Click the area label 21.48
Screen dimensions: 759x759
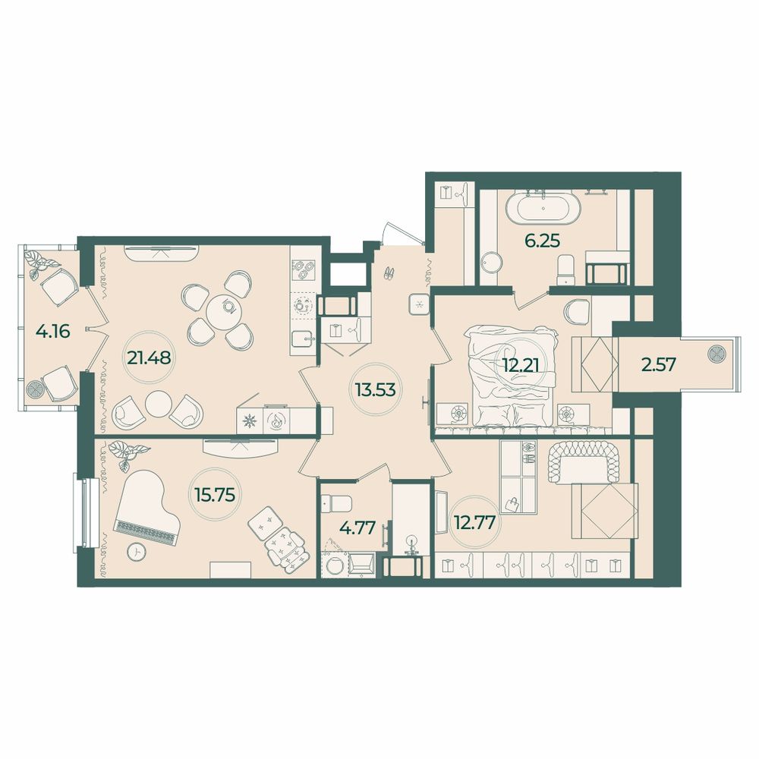(x=149, y=357)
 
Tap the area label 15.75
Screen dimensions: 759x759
(x=214, y=494)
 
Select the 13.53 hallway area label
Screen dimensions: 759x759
(x=375, y=389)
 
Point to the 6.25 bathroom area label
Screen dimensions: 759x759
(x=543, y=241)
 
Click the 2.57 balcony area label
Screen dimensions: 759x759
(x=658, y=364)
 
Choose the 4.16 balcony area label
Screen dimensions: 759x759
(x=53, y=332)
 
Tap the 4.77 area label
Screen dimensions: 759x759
(x=357, y=528)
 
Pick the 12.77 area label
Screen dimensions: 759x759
(x=475, y=523)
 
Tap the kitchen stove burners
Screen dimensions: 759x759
(x=304, y=269)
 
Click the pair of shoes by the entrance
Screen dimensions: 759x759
(x=389, y=274)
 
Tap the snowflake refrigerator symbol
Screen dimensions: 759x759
(x=250, y=420)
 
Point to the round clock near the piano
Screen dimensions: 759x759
(x=137, y=551)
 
